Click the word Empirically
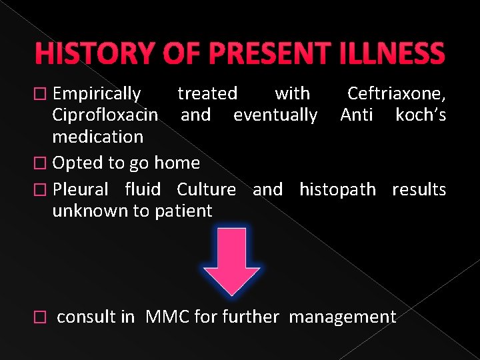97,93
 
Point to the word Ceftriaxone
397,93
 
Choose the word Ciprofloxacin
105,115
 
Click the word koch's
420,115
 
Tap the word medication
97,137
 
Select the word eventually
275,115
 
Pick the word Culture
206,189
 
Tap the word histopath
337,189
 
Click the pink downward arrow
231,261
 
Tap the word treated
207,93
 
